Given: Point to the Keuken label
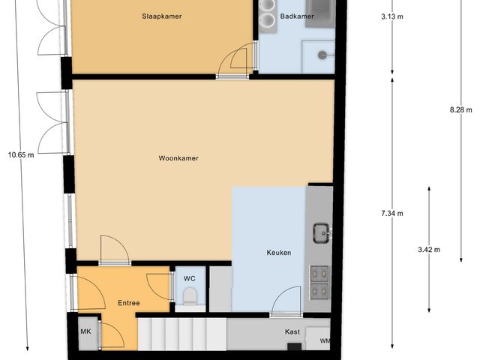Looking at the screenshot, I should click(x=279, y=253).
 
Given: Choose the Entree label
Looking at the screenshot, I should click(x=129, y=303).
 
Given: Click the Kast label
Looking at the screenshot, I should click(x=292, y=331).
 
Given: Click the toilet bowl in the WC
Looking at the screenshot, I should click(x=190, y=295).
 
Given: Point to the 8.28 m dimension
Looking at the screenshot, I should click(x=457, y=109).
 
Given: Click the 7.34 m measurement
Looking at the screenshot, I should click(x=391, y=214).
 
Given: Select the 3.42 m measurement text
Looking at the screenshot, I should click(x=428, y=249).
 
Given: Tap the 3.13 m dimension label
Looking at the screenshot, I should click(x=391, y=16).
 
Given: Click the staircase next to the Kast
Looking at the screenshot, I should click(x=181, y=332).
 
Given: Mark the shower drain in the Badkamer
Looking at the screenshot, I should click(x=322, y=54).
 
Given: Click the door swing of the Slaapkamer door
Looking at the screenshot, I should click(x=237, y=61).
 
